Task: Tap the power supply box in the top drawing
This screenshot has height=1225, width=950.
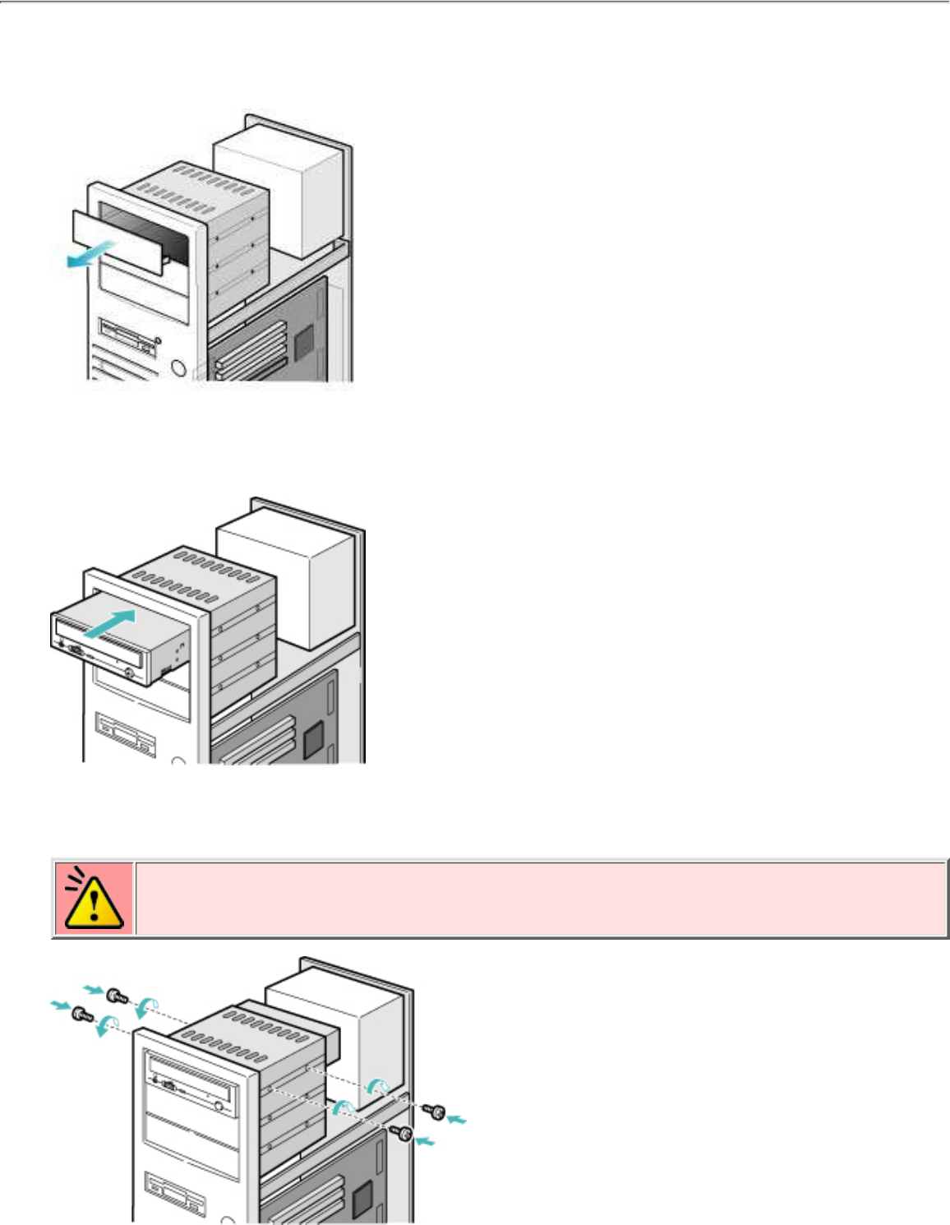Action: coord(275,193)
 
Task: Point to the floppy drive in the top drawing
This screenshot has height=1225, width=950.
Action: coord(127,338)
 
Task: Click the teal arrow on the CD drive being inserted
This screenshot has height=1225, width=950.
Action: coord(108,622)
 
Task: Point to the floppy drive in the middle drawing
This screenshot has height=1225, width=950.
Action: coord(125,734)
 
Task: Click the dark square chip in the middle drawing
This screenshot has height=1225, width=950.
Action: coord(314,742)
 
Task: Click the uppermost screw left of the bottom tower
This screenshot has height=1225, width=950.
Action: coord(116,996)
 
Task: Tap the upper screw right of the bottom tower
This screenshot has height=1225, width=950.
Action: coord(434,1112)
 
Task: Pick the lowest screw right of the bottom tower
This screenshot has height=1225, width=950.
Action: coord(403,1133)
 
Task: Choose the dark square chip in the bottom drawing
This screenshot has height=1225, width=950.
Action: coord(362,1200)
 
